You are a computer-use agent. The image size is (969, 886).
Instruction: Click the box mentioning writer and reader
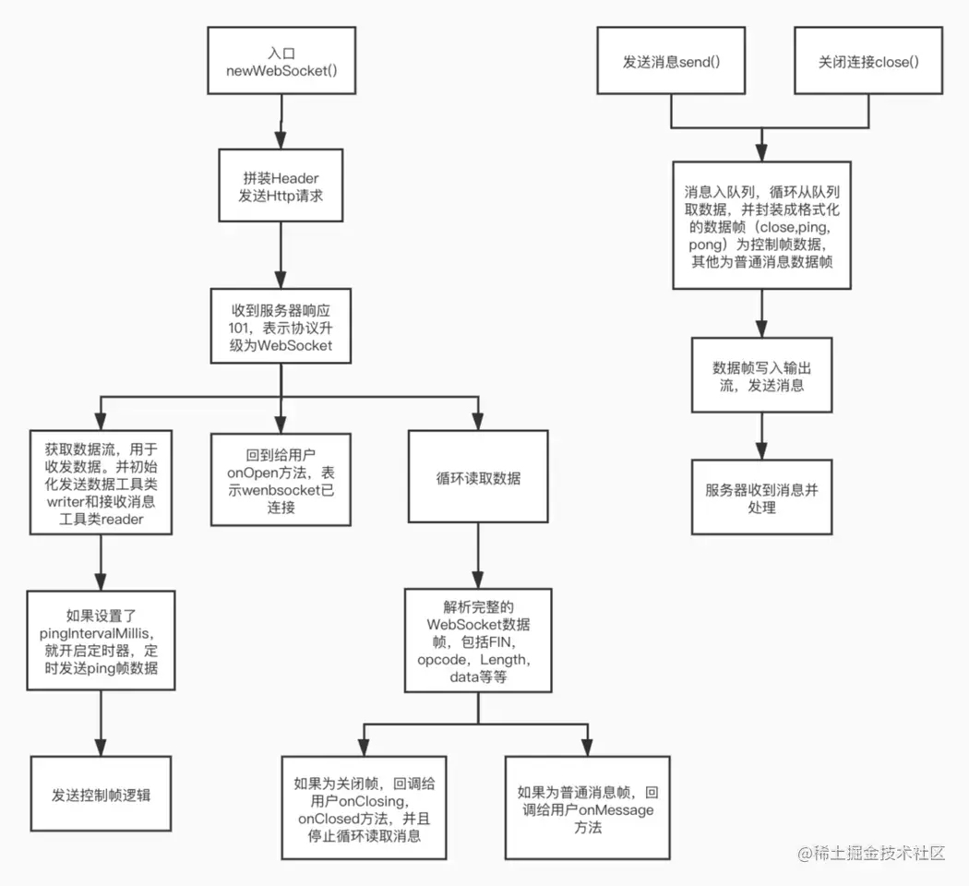pyautogui.click(x=100, y=482)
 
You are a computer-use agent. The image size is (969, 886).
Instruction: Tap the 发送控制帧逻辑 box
pyautogui.click(x=101, y=793)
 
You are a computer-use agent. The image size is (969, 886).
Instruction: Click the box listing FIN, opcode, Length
pyautogui.click(x=478, y=640)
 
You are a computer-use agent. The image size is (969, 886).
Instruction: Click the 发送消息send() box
pyautogui.click(x=671, y=61)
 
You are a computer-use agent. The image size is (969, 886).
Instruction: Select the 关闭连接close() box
pyautogui.click(x=868, y=61)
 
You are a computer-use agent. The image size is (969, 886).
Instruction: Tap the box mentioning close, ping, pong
pyautogui.click(x=761, y=225)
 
